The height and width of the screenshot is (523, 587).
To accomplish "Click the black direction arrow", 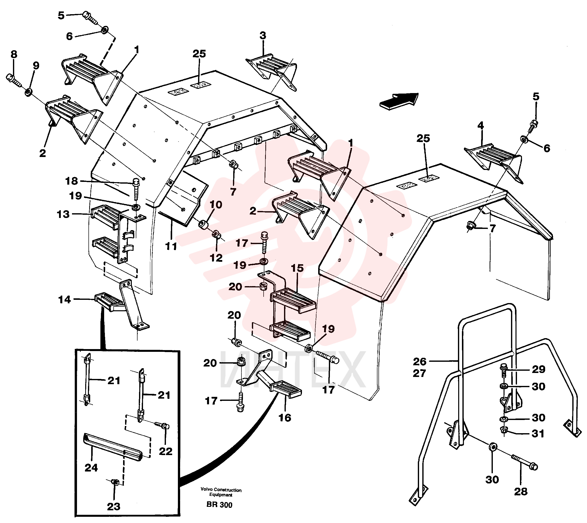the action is (399, 101).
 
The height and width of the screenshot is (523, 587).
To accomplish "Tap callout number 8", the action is (13, 54).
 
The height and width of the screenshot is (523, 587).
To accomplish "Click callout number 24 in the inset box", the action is (91, 468).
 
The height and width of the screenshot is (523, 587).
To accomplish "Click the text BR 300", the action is (219, 505).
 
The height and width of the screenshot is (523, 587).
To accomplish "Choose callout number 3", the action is (263, 36).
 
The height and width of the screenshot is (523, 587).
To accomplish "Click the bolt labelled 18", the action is (136, 191).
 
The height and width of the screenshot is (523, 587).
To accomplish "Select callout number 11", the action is (171, 246).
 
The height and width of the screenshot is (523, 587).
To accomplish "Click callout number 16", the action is (285, 418).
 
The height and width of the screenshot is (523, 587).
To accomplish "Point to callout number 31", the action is (538, 433).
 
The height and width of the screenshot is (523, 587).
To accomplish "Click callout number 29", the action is (538, 369).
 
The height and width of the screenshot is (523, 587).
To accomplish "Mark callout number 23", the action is (113, 506).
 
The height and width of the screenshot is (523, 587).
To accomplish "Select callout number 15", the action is (297, 268).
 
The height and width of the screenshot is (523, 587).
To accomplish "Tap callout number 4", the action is (481, 125).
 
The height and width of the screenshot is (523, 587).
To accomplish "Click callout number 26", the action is (420, 361).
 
